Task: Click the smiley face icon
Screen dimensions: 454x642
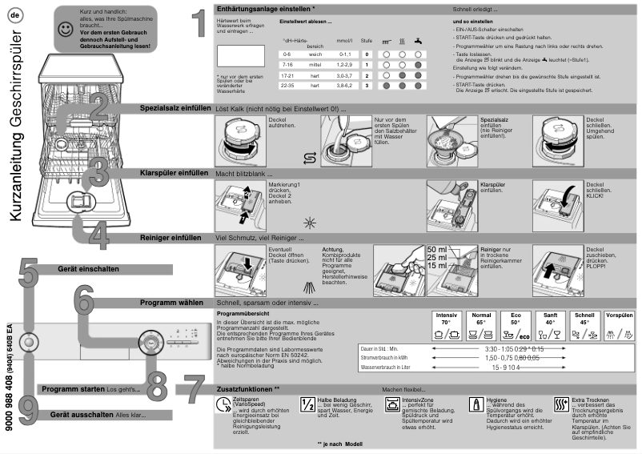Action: (x=66, y=30)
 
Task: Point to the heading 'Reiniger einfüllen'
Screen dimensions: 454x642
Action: (x=171, y=238)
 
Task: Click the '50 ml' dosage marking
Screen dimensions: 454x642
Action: (x=438, y=249)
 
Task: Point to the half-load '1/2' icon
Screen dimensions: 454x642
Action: (x=307, y=404)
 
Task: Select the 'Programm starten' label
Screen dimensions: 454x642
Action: (x=74, y=388)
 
